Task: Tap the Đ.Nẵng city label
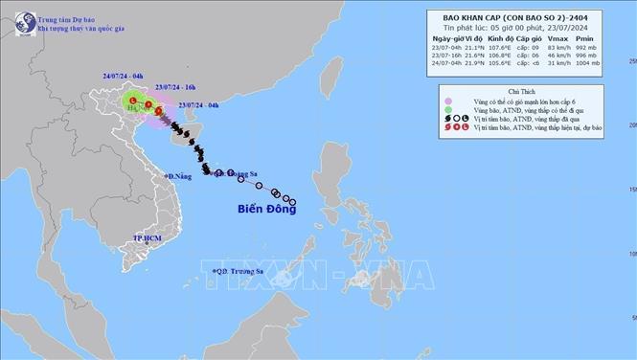[179, 176]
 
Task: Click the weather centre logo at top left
[17, 17]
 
